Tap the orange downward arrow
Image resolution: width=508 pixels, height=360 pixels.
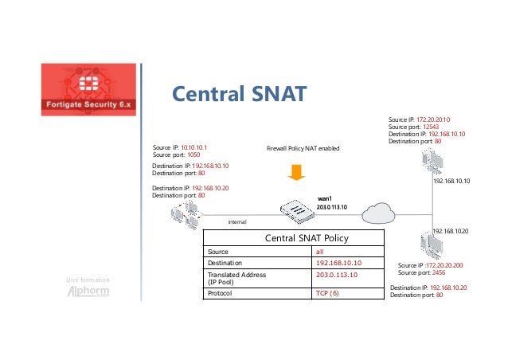(296, 174)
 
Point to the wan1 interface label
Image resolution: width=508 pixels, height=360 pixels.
(325, 198)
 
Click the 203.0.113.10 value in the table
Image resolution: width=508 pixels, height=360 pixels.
(338, 274)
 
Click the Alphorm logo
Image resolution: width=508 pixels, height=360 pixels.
(88, 292)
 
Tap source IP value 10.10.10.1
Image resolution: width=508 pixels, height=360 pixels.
(194, 147)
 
